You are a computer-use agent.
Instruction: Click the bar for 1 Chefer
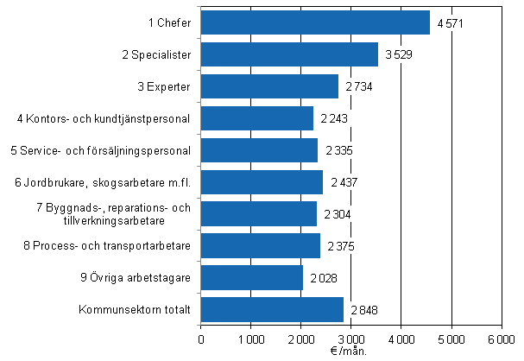click(x=315, y=22)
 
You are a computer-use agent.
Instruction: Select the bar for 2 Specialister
click(x=289, y=54)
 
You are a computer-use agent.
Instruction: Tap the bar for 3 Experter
click(x=269, y=86)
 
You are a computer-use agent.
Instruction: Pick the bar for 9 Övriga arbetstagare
click(x=252, y=277)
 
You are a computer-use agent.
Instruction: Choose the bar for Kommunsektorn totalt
click(x=272, y=309)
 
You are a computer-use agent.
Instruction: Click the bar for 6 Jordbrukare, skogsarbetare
click(x=262, y=182)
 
